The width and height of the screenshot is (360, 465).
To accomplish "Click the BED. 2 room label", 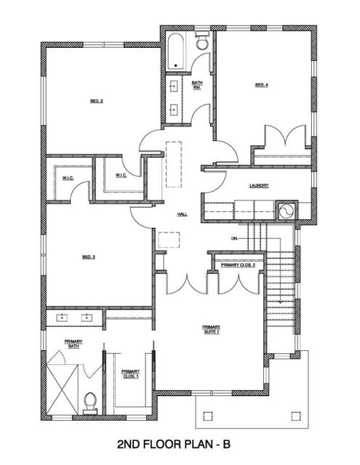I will click(x=96, y=101).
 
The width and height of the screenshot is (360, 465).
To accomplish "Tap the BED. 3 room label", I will click(x=89, y=256).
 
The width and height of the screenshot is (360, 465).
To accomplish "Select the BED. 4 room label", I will click(x=262, y=86).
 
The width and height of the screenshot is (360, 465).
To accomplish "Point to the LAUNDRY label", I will click(x=259, y=186).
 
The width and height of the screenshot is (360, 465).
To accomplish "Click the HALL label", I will click(x=183, y=214).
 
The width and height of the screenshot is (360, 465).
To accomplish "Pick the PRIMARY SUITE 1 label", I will click(x=211, y=330).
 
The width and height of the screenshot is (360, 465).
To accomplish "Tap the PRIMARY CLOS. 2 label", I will click(x=238, y=265).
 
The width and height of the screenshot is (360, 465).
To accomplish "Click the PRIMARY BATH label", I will click(x=73, y=344).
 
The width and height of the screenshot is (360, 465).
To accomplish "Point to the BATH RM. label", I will click(x=197, y=85).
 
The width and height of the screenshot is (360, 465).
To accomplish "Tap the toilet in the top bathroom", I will click(x=202, y=44).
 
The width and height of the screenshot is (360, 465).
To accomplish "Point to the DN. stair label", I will click(x=235, y=238).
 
